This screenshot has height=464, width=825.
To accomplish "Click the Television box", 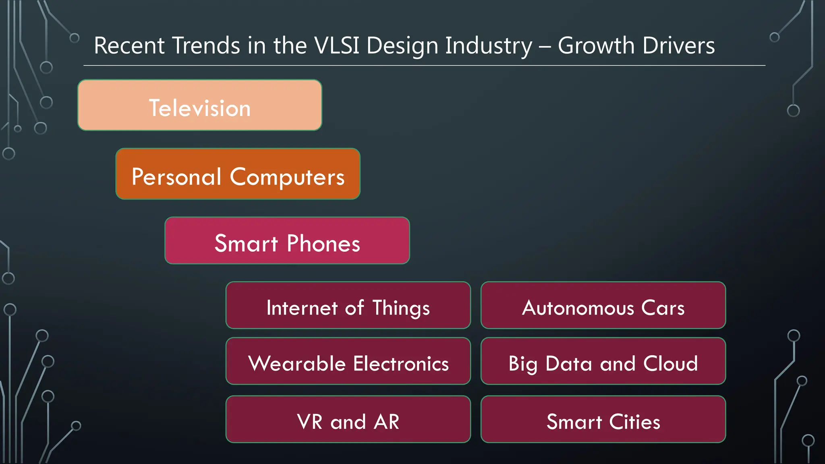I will click(200, 105).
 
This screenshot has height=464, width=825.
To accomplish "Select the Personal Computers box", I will click(238, 174).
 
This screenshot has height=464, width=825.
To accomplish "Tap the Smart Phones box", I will click(287, 240).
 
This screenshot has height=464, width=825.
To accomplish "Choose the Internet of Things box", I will click(348, 305).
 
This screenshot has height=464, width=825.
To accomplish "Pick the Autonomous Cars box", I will click(603, 305).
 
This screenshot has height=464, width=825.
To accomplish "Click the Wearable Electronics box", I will click(348, 361).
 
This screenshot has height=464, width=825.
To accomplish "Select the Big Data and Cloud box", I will click(603, 361).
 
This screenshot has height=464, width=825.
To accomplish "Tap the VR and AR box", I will click(348, 419).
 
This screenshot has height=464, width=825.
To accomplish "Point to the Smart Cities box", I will click(603, 419).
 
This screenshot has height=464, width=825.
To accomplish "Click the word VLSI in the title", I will click(336, 45).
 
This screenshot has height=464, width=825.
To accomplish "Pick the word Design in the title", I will click(402, 46).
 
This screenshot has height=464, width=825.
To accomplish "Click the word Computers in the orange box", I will click(287, 177).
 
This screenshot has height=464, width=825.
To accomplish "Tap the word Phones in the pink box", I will click(323, 243).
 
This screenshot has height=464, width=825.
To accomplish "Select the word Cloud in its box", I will click(670, 363).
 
